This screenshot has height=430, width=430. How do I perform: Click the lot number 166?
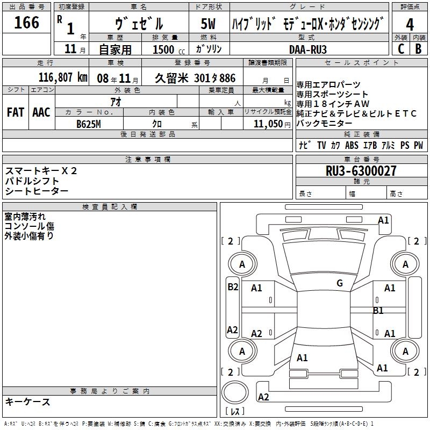[26, 22]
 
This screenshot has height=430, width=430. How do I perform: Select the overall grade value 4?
[410, 25]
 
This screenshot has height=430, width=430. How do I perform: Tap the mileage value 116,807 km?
[63, 77]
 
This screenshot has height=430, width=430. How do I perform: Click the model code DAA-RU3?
[308, 49]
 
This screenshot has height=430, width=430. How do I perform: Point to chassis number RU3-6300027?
[361, 171]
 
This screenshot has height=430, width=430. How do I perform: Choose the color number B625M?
[89, 124]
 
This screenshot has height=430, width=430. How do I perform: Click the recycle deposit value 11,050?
[268, 124]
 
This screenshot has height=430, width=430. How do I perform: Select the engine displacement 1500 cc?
[169, 50]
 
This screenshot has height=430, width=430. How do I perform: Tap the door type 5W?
[208, 24]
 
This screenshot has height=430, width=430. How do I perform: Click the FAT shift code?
[16, 112]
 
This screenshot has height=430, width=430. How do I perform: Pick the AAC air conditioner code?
[41, 112]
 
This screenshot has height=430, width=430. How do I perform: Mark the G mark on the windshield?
[340, 283]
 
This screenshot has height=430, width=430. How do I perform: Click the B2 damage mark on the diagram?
[233, 287]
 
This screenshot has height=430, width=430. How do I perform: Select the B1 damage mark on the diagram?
[378, 311]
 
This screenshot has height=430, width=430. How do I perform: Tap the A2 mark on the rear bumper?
[263, 397]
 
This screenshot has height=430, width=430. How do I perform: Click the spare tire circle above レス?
[235, 392]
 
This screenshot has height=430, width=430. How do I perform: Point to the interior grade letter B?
[418, 49]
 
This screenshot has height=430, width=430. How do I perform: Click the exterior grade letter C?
[401, 49]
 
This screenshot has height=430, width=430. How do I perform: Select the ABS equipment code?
[352, 145]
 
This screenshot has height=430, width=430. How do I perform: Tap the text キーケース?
[27, 402]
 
